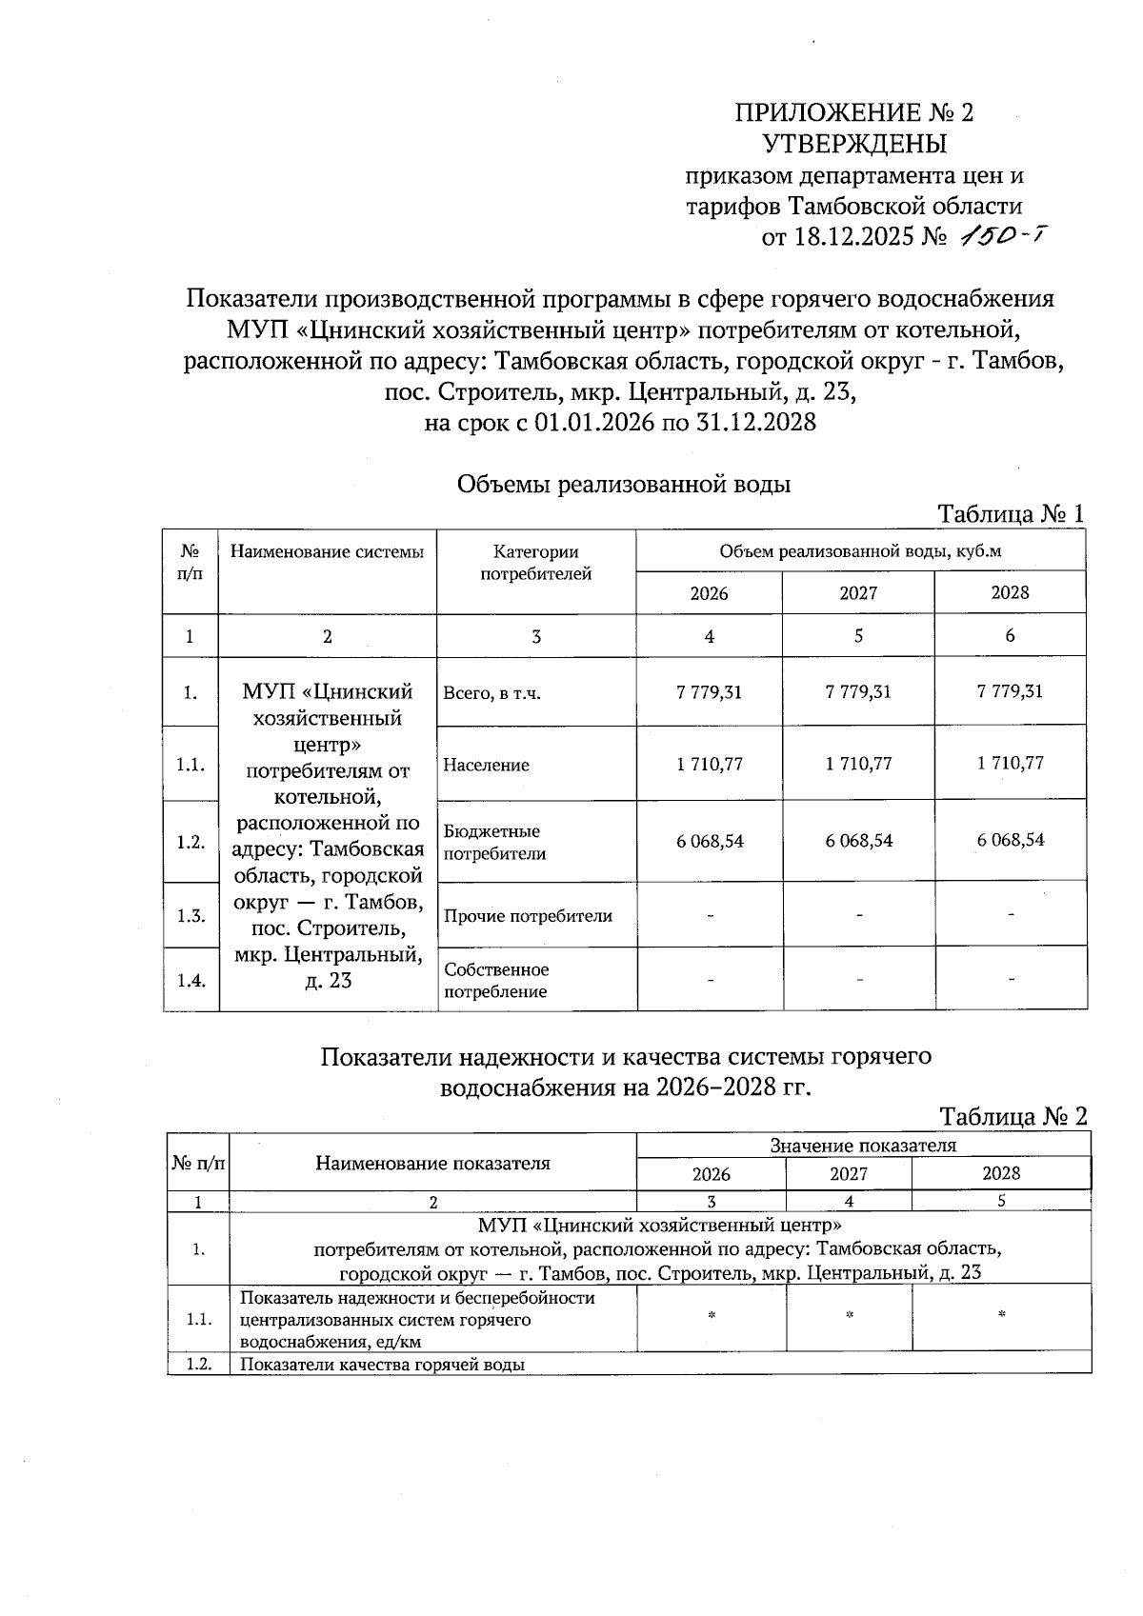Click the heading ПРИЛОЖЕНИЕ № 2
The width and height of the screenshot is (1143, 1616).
pos(854,113)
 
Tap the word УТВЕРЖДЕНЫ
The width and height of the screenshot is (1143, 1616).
pos(854,145)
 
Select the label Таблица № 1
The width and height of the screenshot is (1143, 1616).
pos(1012,514)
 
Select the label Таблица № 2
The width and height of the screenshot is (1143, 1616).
pos(1013,1116)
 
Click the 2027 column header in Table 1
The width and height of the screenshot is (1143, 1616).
pos(858,593)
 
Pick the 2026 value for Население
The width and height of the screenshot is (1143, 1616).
pos(710,764)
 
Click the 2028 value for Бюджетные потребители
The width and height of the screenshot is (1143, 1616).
pos(1011,840)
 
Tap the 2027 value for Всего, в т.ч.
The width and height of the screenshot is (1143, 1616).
pos(858,692)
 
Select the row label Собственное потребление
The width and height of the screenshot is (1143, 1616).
pos(496,980)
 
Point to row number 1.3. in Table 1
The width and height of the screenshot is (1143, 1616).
pos(191,916)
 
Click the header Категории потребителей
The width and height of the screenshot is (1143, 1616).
pos(535,562)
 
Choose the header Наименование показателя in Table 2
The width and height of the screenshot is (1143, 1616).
pos(432,1163)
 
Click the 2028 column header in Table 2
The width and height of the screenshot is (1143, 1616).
pos(1001,1174)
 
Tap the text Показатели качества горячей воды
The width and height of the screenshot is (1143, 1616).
pos(381,1364)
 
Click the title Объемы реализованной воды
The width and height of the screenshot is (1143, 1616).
pos(624,485)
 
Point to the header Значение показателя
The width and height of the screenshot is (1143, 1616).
pos(863,1146)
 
